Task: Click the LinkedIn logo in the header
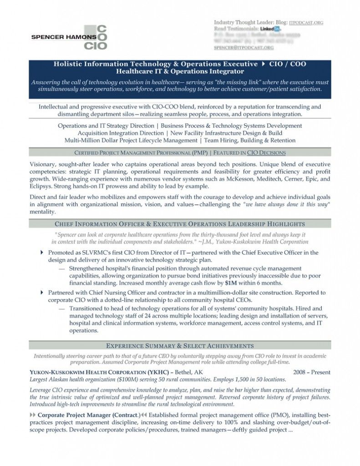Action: tap(271, 29)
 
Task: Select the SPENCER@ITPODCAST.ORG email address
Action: tap(243, 47)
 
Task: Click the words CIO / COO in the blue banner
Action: tap(288, 64)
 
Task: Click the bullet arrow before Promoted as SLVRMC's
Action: tap(42, 253)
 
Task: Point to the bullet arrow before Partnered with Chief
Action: tap(42, 292)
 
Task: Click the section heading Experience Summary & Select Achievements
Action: tap(180, 345)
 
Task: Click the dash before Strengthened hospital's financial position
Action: tap(61, 268)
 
